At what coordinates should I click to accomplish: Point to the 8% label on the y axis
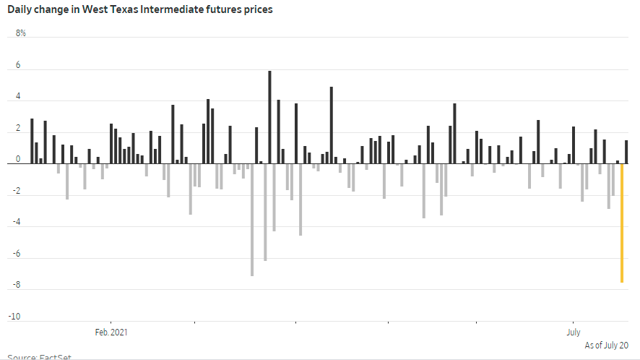click(x=20, y=34)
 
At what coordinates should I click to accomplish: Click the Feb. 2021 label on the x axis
click(x=111, y=333)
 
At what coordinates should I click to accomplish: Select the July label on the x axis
click(x=573, y=333)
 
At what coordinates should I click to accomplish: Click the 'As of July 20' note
click(x=606, y=346)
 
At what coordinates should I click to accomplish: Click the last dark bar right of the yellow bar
click(x=626, y=152)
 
